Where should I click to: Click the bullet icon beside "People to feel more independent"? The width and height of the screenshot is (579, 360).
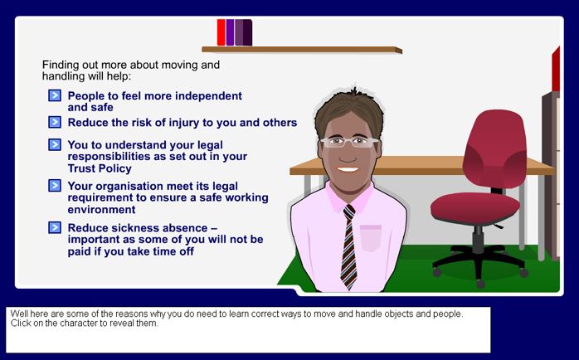pos(55,95)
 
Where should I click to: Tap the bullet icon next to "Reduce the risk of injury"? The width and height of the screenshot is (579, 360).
pos(55,122)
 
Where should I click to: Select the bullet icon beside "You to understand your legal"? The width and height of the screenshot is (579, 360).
pos(55,144)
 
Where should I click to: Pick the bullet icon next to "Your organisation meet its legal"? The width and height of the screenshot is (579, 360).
pos(55,185)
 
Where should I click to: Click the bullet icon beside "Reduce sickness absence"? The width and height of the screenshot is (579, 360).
pos(55,227)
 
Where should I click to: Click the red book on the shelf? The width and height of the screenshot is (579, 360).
pos(221,32)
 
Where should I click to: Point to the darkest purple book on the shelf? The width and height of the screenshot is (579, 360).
pos(248,32)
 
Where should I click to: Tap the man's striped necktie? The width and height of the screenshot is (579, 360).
pos(349,246)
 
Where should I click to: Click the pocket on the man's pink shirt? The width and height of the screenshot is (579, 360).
pos(370,238)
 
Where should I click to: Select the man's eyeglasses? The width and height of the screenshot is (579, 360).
pos(349,142)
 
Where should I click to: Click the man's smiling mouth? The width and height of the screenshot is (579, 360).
pos(348,169)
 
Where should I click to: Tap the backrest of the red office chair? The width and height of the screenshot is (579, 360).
pos(495,148)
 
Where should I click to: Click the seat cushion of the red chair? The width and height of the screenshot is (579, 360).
pos(475,208)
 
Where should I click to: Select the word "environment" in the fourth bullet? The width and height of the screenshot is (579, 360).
pos(101,210)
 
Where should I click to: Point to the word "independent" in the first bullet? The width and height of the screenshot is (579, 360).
pos(208,96)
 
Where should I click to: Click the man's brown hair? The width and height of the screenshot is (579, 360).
pos(349,109)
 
